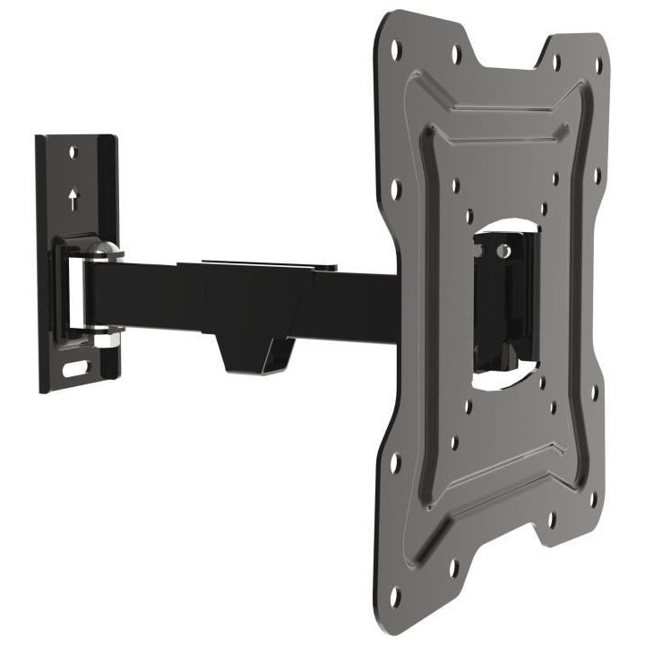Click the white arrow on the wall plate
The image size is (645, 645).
click(x=73, y=198)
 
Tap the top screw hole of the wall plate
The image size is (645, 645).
click(x=73, y=153)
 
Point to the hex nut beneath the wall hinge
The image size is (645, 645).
click(x=105, y=340)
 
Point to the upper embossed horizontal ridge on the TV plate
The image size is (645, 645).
click(x=502, y=108)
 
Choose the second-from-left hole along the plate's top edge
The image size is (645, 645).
click(x=454, y=51)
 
